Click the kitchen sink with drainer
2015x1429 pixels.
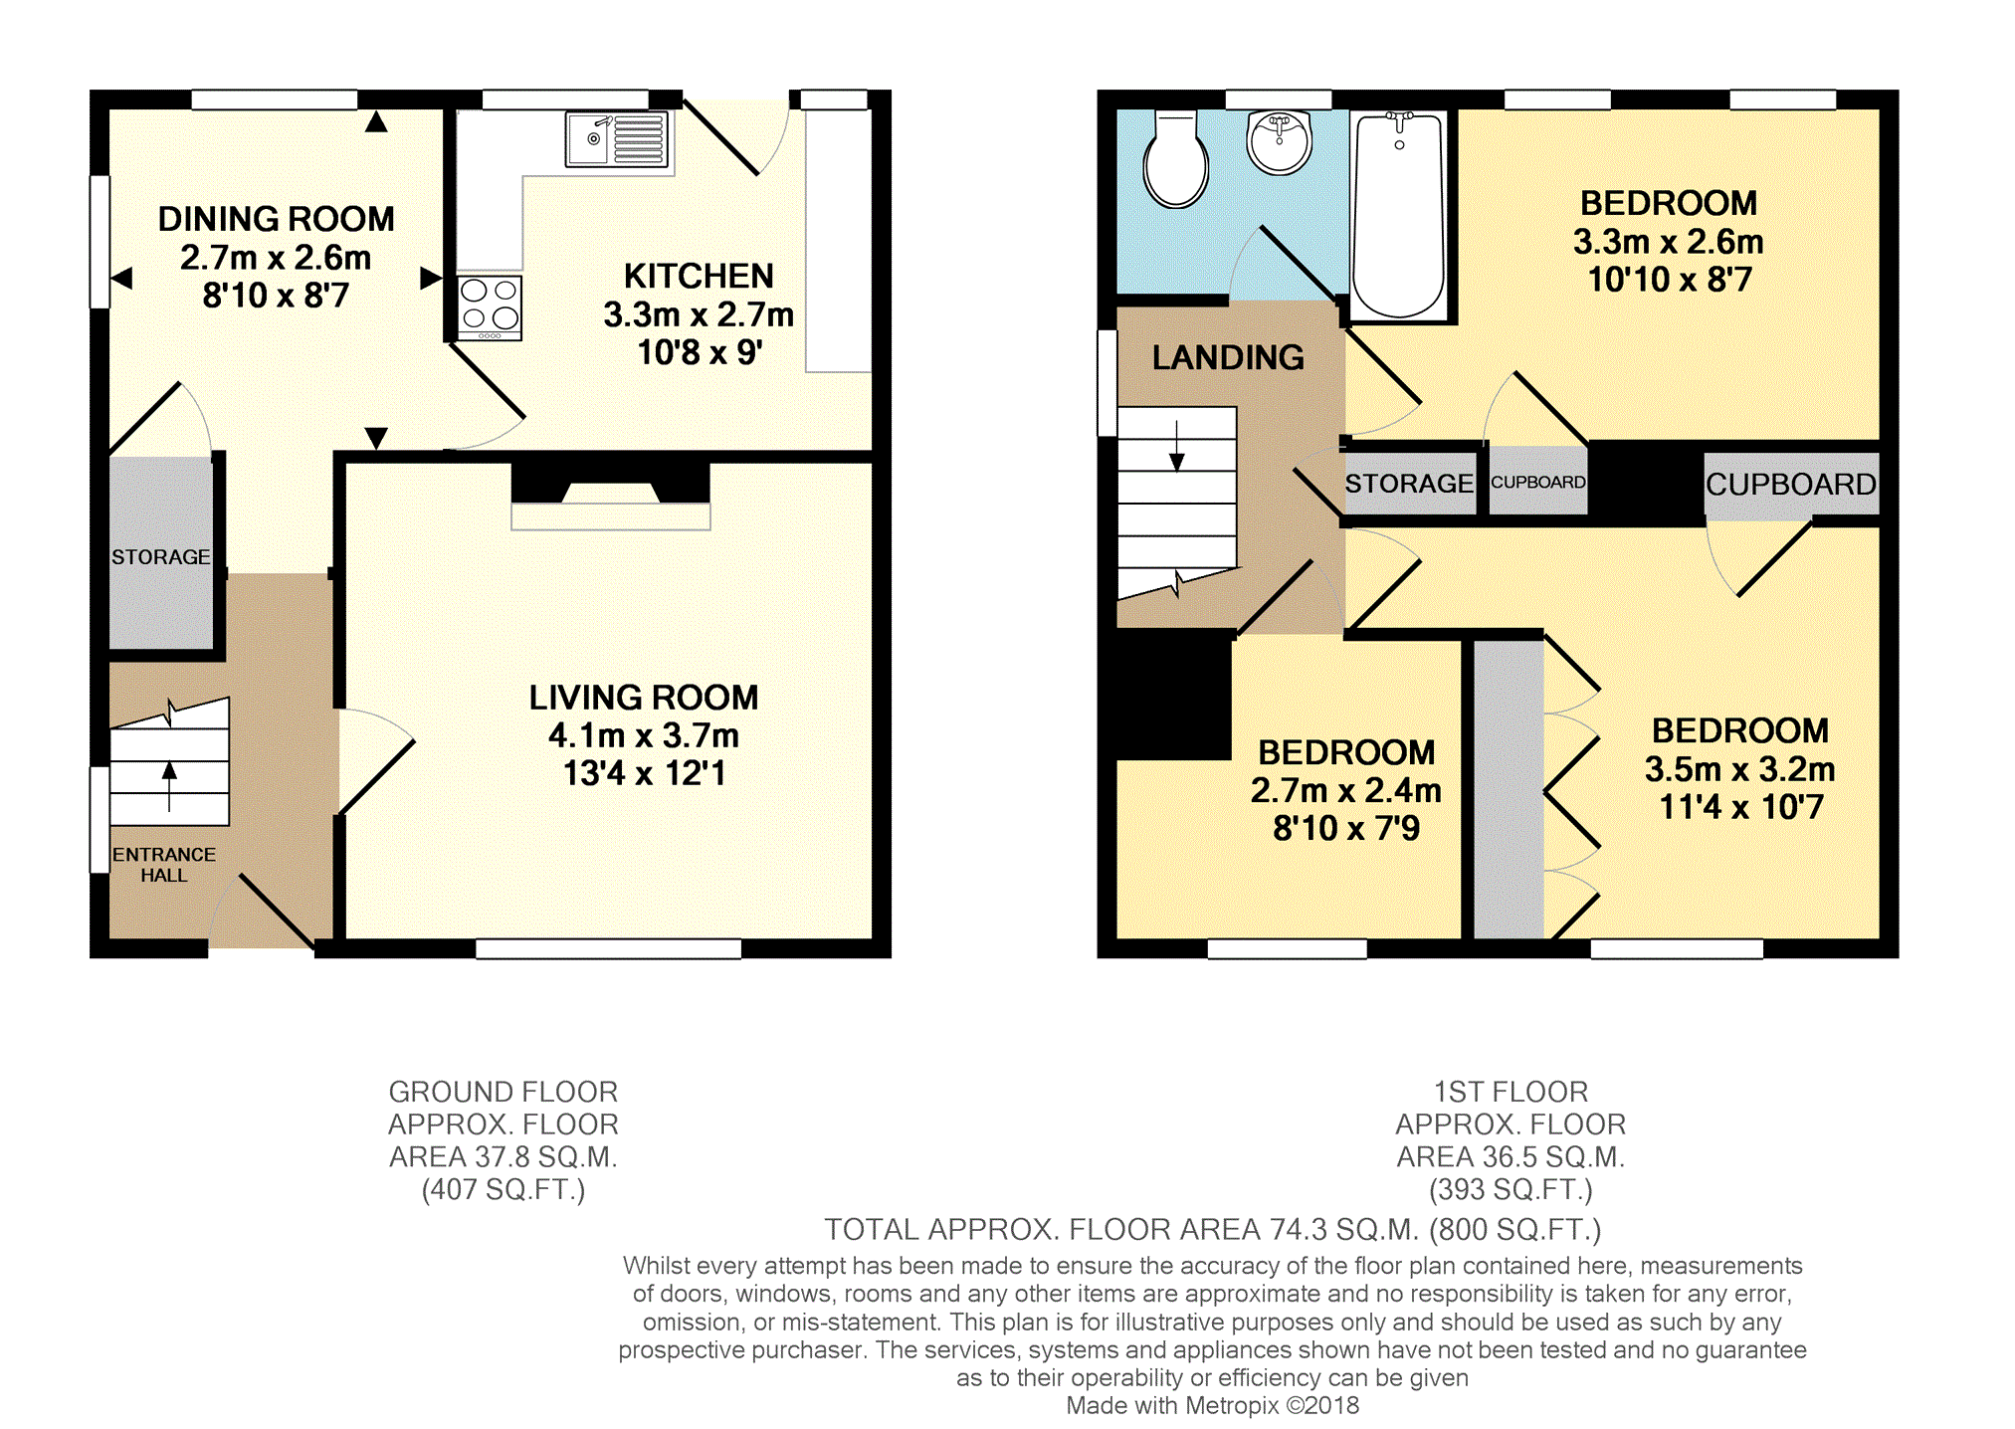tap(617, 139)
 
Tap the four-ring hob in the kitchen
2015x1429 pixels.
tap(490, 307)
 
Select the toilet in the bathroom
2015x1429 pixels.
tap(1175, 159)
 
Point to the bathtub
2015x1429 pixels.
tap(1399, 215)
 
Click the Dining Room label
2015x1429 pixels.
tap(277, 219)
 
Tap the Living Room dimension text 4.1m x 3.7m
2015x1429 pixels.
tap(644, 735)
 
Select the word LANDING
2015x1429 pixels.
tap(1228, 357)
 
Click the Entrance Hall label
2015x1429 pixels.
tap(164, 865)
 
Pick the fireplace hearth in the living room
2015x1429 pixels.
tap(611, 516)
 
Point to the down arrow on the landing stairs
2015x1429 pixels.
tap(1177, 446)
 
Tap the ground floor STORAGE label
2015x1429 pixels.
tap(161, 557)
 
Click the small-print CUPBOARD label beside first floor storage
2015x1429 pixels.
tap(1538, 483)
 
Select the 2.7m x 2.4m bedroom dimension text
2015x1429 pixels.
tap(1346, 790)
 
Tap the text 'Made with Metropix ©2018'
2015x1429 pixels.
tap(1212, 1405)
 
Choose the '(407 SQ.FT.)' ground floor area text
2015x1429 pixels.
tap(504, 1189)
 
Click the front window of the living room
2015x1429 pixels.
tap(609, 948)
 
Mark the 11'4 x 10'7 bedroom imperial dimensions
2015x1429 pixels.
tap(1741, 807)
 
